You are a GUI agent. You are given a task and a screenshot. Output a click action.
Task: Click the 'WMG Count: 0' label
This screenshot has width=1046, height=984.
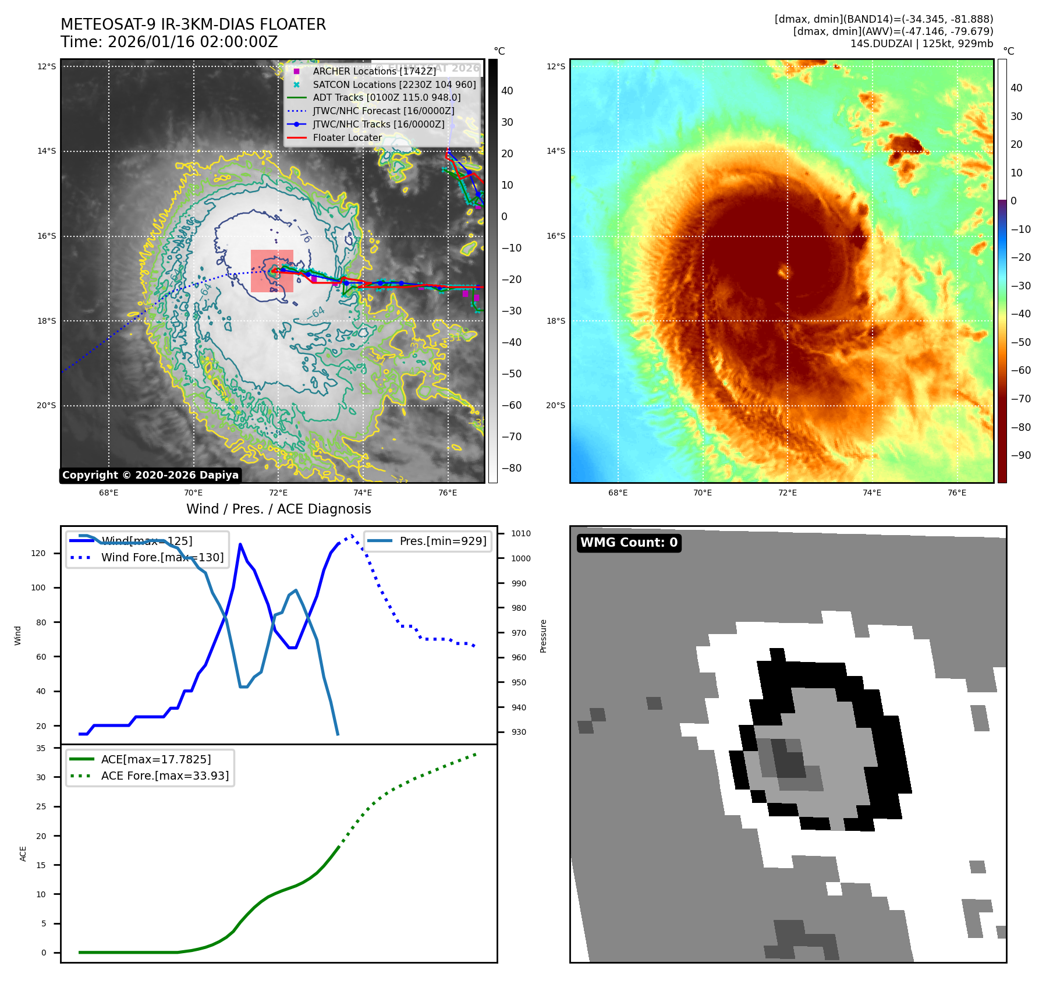pyautogui.click(x=629, y=543)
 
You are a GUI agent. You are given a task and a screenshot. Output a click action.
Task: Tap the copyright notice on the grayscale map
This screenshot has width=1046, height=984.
pyautogui.click(x=150, y=475)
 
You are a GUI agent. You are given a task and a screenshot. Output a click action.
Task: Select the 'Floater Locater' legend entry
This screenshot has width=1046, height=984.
pyautogui.click(x=347, y=138)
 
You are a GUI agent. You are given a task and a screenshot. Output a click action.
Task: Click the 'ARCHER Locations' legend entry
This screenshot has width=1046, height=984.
pyautogui.click(x=374, y=71)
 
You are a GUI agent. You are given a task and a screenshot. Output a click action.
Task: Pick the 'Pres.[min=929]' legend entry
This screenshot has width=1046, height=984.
pyautogui.click(x=442, y=541)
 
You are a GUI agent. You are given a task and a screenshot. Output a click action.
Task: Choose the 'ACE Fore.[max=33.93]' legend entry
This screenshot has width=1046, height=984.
pyautogui.click(x=165, y=776)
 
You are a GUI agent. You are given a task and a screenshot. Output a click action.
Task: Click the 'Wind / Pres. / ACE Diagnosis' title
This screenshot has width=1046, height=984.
pyautogui.click(x=278, y=509)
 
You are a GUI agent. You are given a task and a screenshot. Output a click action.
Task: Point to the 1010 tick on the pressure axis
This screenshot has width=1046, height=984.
pyautogui.click(x=521, y=533)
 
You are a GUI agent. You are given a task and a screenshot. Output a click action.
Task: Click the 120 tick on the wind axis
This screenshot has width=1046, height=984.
pyautogui.click(x=38, y=553)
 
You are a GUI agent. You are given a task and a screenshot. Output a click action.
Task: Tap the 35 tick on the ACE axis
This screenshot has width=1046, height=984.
pyautogui.click(x=41, y=748)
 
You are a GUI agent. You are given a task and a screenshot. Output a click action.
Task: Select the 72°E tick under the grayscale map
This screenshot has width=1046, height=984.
pyautogui.click(x=278, y=493)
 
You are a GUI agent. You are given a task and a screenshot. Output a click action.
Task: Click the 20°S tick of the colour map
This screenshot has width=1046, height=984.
pyautogui.click(x=555, y=406)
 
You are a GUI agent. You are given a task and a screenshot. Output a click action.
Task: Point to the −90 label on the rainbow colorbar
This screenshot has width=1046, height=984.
pyautogui.click(x=1020, y=455)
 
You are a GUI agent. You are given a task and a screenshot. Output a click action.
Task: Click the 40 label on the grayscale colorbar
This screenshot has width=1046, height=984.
pyautogui.click(x=507, y=91)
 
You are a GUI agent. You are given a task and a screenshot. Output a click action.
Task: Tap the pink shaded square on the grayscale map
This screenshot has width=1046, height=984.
pyautogui.click(x=272, y=271)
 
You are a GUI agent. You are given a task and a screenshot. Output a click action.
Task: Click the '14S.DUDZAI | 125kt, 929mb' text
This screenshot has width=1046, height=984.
pyautogui.click(x=921, y=44)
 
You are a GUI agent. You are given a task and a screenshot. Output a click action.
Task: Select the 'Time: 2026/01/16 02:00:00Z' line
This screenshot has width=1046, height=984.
pyautogui.click(x=169, y=42)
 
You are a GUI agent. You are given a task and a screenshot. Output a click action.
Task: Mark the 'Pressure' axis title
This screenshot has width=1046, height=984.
pyautogui.click(x=543, y=636)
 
